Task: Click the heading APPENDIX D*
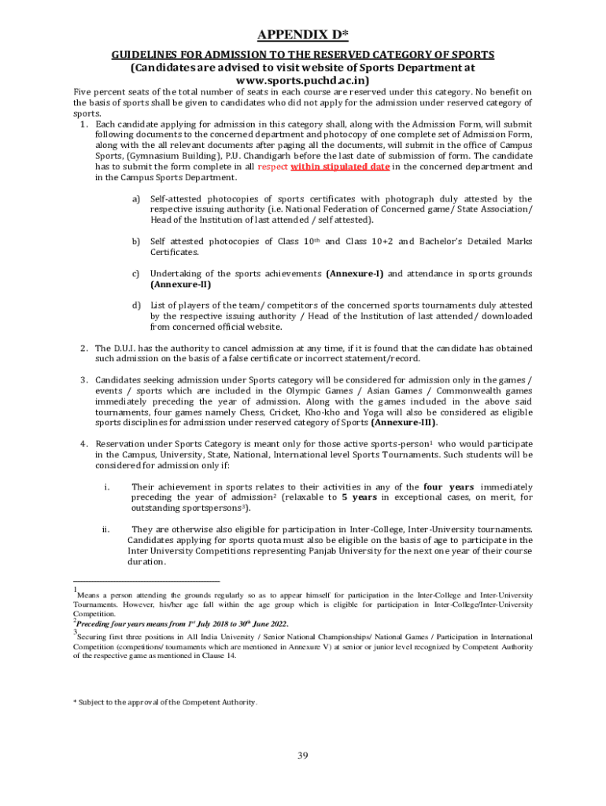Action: pos(303,34)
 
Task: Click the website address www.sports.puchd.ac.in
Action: pos(302,79)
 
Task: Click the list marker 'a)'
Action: pos(135,199)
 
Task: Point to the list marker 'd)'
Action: pos(135,305)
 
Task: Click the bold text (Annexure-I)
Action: pos(354,273)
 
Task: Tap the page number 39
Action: pos(302,756)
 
